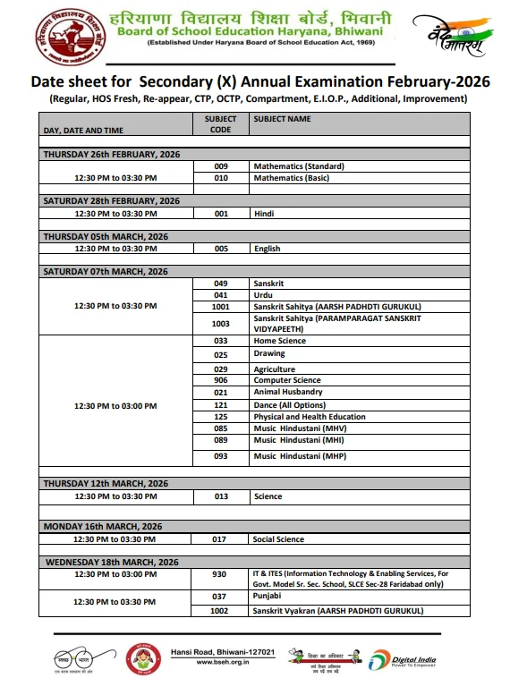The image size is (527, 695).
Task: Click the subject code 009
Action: coord(220,166)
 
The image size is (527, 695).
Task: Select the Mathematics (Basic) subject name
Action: coord(291,178)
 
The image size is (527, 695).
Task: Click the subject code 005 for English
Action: coord(220,249)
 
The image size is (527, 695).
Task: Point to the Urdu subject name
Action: coord(262,294)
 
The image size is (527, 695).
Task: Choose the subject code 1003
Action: coord(220,323)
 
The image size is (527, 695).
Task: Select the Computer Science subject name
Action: coord(286,380)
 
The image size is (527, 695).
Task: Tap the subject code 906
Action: coord(220,380)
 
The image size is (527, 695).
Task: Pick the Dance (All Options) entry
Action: coord(288,404)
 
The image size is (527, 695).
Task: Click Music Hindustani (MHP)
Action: coord(299,456)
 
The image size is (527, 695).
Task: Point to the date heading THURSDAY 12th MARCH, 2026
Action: coord(106,483)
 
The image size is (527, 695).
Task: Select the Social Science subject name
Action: coord(278,539)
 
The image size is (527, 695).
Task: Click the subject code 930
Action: coord(220,573)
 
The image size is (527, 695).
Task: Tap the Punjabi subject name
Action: coord(268,596)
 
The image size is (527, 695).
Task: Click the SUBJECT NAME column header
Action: coord(282,118)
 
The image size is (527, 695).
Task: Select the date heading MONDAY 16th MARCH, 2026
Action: coord(102,526)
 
